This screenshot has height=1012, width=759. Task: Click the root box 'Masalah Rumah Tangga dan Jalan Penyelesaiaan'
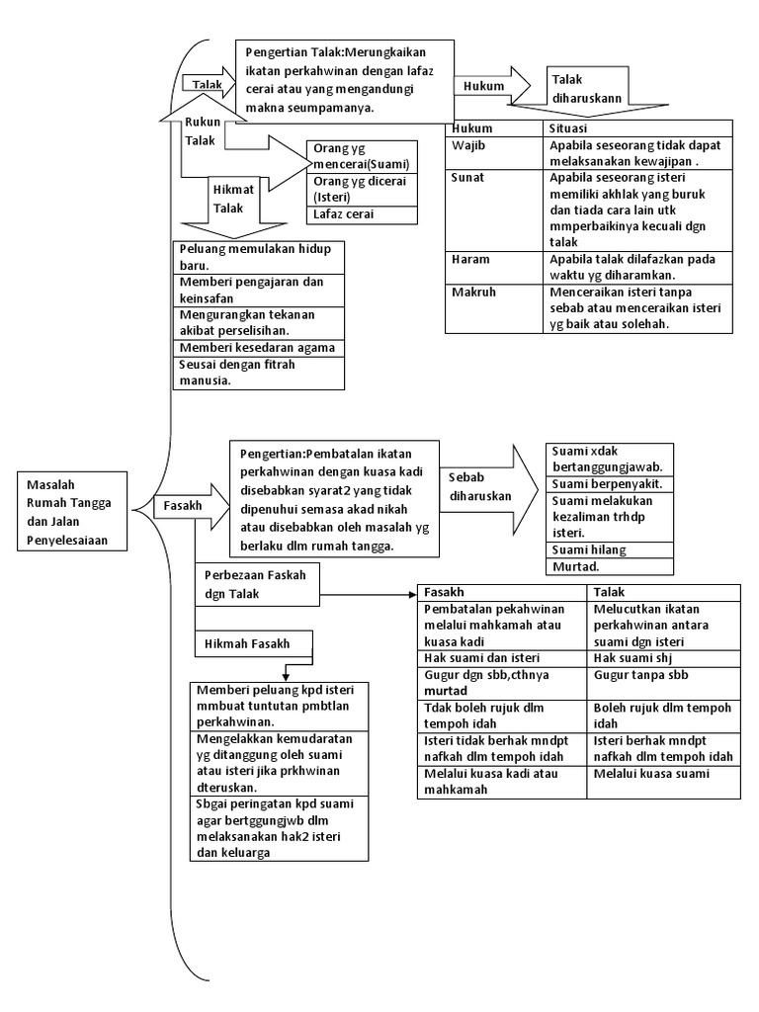tap(72, 512)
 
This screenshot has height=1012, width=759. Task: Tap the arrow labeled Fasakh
tap(192, 505)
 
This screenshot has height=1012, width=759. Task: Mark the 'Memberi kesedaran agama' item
tap(259, 348)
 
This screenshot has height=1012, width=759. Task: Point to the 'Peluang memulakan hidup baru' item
tap(259, 257)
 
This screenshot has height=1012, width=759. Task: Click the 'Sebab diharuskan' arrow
tap(489, 488)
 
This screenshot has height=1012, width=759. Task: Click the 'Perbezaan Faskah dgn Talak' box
tap(258, 585)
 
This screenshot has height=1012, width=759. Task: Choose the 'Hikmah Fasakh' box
tap(254, 643)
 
